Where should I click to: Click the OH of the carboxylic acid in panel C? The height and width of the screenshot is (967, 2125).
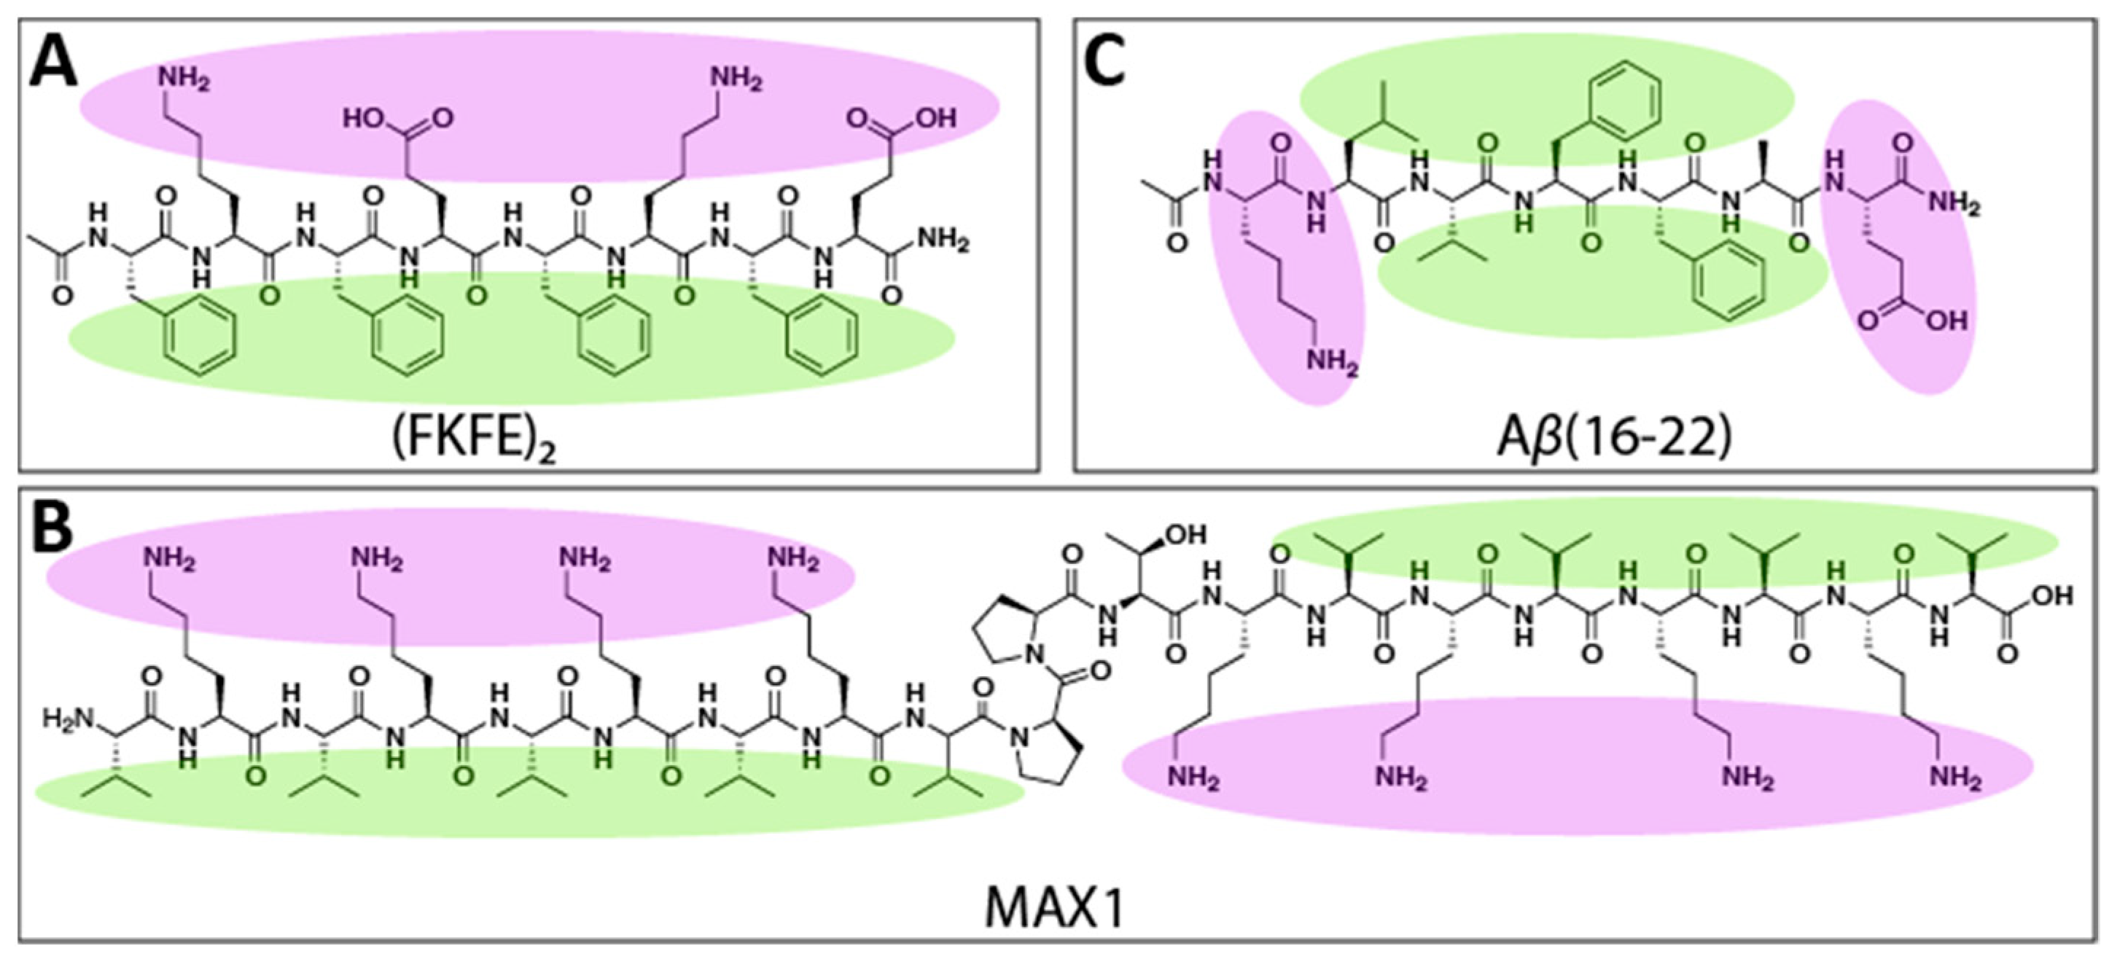click(x=1947, y=320)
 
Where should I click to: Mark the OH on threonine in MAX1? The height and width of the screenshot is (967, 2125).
click(x=1185, y=535)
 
